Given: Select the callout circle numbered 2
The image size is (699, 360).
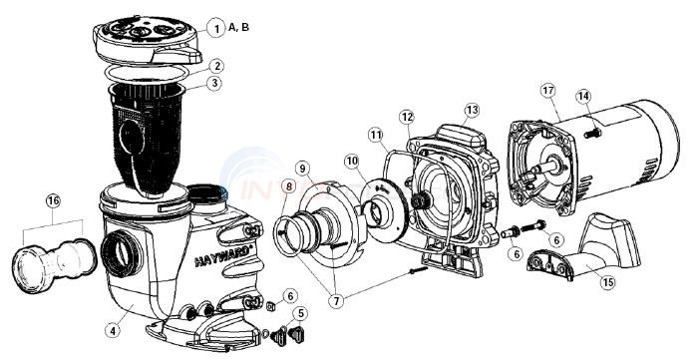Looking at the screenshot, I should pos(215,66).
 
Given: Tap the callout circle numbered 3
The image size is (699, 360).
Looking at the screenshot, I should pos(215,84).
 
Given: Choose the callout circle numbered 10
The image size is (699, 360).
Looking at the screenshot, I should pos(353,161).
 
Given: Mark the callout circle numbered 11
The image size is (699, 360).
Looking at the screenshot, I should pos(377,135).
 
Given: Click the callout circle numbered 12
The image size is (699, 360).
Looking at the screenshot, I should pos(406,118).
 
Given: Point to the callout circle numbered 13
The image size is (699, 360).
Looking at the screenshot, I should pos(472,109).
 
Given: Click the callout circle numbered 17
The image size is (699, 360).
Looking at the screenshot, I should pos(52,201).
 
